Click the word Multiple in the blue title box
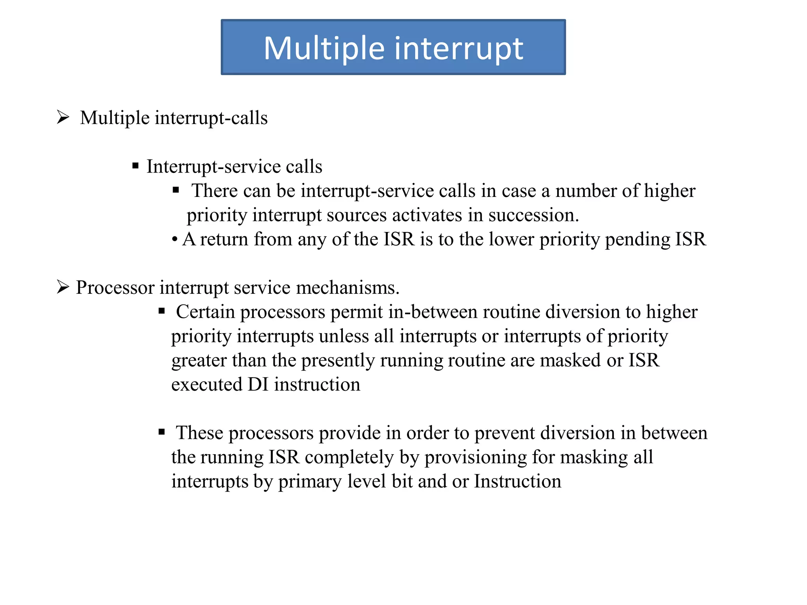pyautogui.click(x=324, y=48)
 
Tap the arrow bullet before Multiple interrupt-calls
pyautogui.click(x=63, y=117)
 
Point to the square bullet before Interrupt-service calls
pyautogui.click(x=136, y=166)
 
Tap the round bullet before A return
pyautogui.click(x=175, y=239)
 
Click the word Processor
pyautogui.click(x=115, y=288)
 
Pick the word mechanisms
pyautogui.click(x=348, y=288)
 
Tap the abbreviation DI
pyautogui.click(x=258, y=384)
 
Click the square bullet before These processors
pyautogui.click(x=162, y=432)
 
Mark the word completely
pyautogui.click(x=349, y=457)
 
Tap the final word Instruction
pyautogui.click(x=517, y=481)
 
